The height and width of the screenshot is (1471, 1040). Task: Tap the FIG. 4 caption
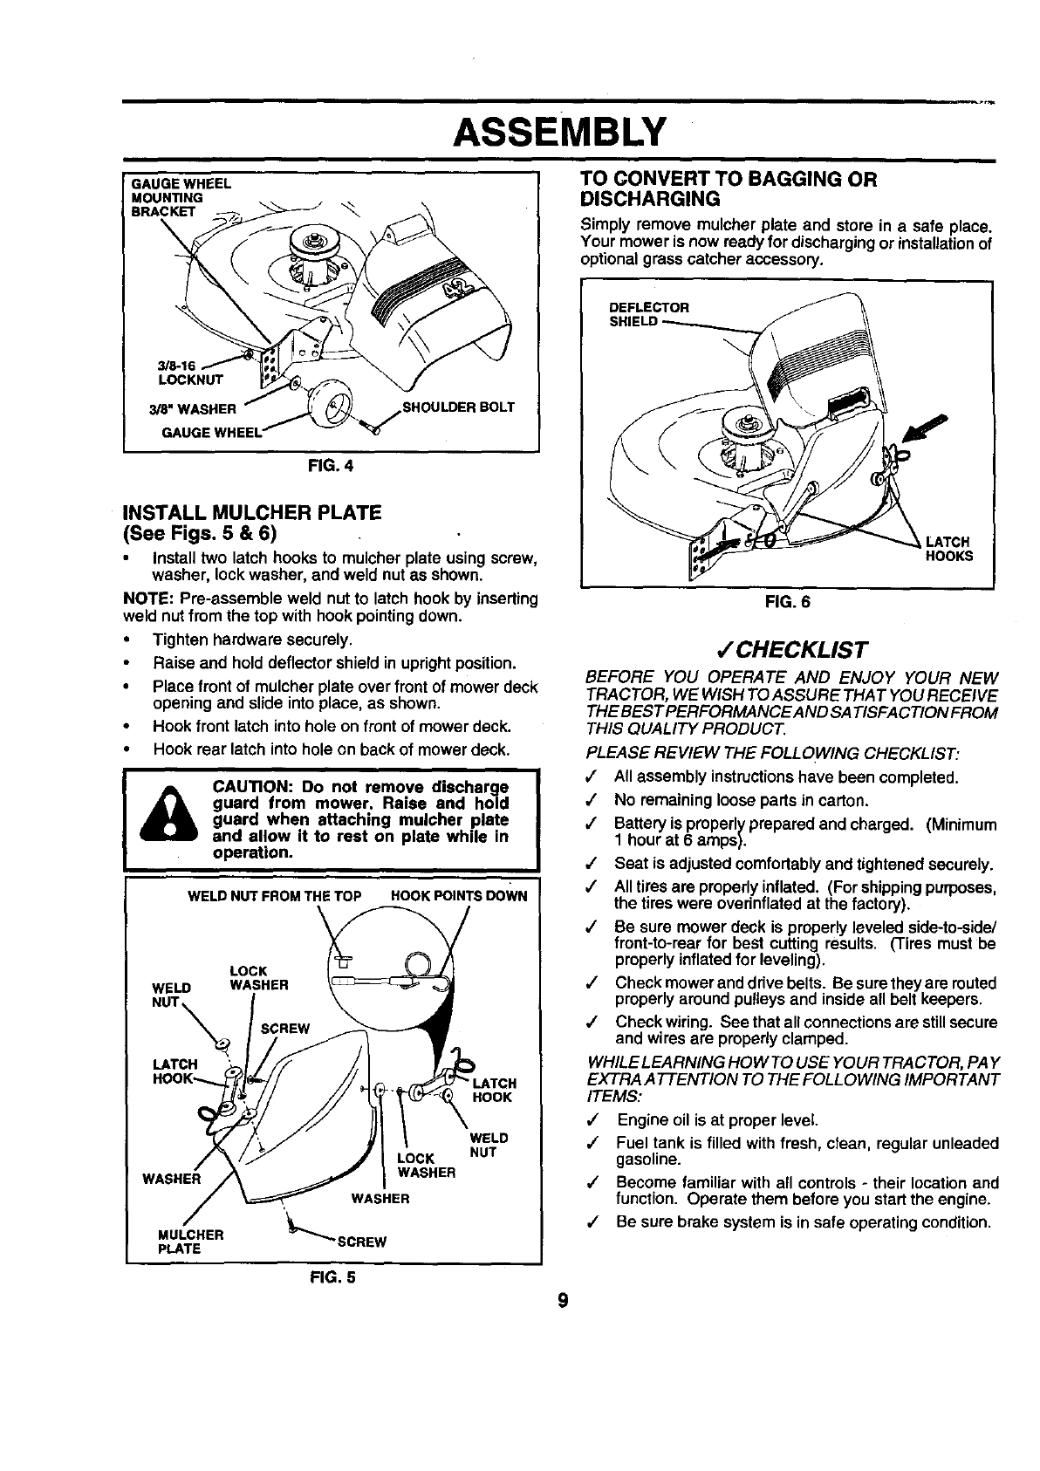(335, 465)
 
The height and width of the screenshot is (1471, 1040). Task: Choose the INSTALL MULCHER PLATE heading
(254, 511)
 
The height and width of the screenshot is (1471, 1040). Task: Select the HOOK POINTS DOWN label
(459, 896)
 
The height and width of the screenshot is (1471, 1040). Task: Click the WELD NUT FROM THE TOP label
(275, 896)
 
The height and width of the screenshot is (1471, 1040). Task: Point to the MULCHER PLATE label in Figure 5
(190, 1241)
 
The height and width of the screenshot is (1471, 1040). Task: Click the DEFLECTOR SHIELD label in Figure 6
(648, 314)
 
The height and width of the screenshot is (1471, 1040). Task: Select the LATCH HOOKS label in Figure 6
(948, 548)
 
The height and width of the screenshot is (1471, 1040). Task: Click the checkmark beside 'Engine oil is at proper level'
(592, 1120)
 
